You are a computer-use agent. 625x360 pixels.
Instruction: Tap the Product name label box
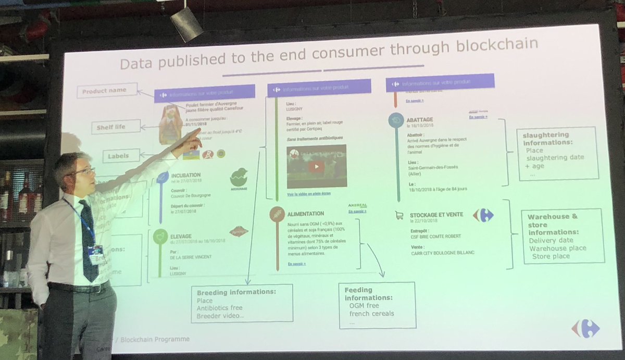pyautogui.click(x=108, y=91)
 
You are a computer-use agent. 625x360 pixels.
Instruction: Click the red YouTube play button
pyautogui.click(x=316, y=167)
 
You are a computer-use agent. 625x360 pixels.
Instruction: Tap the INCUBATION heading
pyautogui.click(x=186, y=175)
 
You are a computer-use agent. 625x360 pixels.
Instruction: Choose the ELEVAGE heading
pyautogui.click(x=180, y=236)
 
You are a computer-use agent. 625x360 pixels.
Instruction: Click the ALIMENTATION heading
pyautogui.click(x=305, y=214)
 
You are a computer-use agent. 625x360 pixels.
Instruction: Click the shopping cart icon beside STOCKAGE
pyautogui.click(x=399, y=215)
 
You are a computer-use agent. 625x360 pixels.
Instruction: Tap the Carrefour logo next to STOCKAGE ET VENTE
pyautogui.click(x=482, y=215)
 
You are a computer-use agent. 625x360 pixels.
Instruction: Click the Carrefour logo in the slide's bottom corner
pyautogui.click(x=585, y=328)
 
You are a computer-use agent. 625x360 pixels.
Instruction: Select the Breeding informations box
pyautogui.click(x=241, y=303)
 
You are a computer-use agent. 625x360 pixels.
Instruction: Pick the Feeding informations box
pyautogui.click(x=377, y=305)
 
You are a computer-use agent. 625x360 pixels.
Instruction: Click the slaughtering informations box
pyautogui.click(x=557, y=153)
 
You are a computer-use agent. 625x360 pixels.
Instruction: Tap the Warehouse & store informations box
pyautogui.click(x=563, y=236)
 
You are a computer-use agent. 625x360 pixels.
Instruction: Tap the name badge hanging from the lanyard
pyautogui.click(x=96, y=255)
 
